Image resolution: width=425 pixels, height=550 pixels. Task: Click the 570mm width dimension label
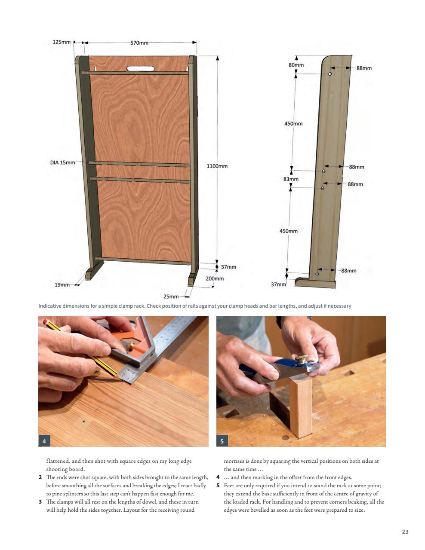(139, 43)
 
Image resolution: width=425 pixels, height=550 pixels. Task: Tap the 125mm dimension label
(61, 42)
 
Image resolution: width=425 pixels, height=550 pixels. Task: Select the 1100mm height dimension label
(217, 166)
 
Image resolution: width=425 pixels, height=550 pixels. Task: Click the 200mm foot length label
(215, 278)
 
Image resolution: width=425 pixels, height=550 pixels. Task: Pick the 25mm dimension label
(171, 296)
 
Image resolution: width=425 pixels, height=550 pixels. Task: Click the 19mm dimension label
(62, 284)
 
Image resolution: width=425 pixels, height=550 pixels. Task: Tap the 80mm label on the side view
(296, 65)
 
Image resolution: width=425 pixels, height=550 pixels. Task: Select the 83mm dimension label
(291, 179)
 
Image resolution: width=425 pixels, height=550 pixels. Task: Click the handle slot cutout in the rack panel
(140, 68)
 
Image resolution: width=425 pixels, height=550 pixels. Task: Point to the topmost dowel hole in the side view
(330, 74)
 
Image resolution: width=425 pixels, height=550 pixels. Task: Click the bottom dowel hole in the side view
(317, 274)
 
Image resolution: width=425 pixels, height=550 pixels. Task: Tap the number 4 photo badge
(44, 441)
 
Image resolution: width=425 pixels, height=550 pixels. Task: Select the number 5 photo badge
(222, 441)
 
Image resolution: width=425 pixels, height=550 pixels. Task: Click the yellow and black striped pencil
(82, 349)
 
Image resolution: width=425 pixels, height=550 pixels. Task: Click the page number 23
(405, 532)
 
